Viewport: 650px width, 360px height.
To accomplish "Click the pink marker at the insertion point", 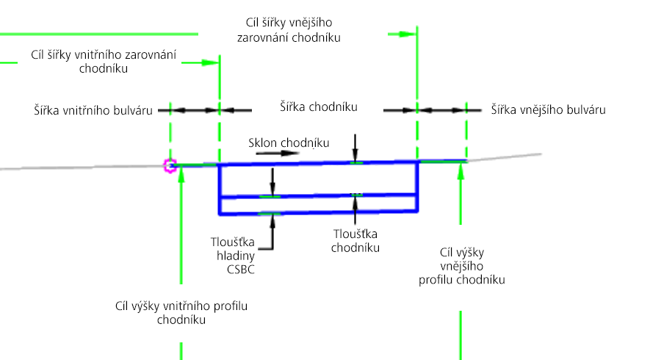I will coord(170,166).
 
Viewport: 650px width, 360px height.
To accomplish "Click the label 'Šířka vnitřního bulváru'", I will coord(93,110).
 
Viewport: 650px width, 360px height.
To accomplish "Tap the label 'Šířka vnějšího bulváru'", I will coord(548,110).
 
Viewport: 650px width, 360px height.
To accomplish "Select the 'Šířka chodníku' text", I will coord(318,107).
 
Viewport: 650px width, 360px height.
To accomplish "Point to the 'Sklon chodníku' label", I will coord(288,142).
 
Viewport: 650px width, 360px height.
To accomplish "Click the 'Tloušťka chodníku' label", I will coord(355,240).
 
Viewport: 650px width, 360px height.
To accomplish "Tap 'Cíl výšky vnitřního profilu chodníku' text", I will coord(181,313).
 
